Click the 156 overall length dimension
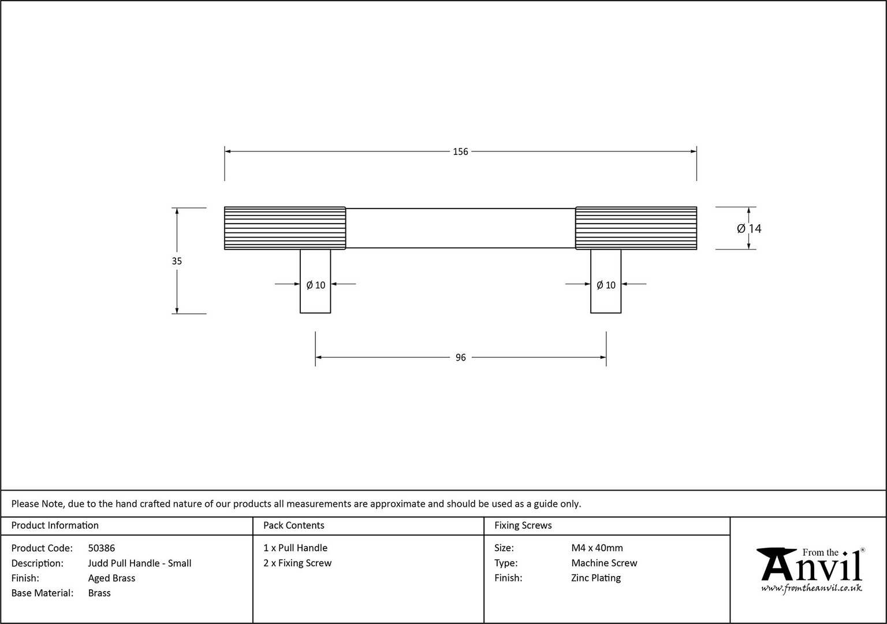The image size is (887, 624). coord(460,152)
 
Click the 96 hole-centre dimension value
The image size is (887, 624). coord(460,358)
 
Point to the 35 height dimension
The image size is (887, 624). coord(177,261)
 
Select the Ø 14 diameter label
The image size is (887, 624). coord(749,229)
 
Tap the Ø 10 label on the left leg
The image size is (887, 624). coord(316,285)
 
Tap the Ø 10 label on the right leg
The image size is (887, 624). coord(606,285)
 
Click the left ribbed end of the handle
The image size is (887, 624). coord(285,228)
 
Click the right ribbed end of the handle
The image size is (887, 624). coord(636,228)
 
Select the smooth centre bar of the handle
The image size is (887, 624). coord(460,228)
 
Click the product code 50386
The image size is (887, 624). coord(102,548)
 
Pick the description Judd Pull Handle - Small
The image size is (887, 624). coord(139,563)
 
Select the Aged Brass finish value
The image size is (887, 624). coord(111,578)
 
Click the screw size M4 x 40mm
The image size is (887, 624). coord(597,548)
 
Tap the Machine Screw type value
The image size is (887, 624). coord(604,563)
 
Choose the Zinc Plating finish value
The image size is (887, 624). coord(595,578)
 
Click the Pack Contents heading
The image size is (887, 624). coord(294,525)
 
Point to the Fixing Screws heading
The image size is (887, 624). coord(523,525)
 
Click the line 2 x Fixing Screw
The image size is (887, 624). coord(297,563)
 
